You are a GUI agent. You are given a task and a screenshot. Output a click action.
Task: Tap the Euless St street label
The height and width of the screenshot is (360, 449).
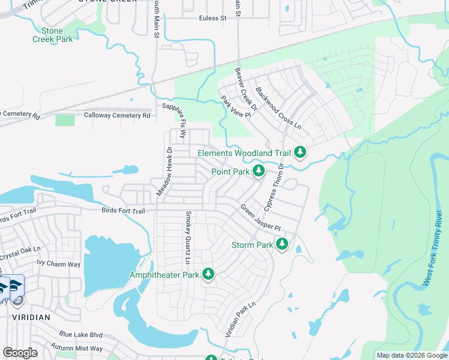[x=212, y=19]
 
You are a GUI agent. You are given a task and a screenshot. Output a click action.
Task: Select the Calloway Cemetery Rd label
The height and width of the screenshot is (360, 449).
[x=117, y=115]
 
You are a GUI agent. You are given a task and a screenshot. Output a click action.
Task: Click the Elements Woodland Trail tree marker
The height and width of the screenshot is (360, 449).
[x=300, y=153]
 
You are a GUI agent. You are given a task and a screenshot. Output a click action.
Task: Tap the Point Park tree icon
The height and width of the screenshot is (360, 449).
[x=259, y=172]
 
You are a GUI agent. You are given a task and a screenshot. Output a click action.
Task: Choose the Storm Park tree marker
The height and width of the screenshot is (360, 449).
[x=282, y=244]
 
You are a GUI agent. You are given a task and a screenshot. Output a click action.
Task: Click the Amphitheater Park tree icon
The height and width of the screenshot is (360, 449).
[x=208, y=275]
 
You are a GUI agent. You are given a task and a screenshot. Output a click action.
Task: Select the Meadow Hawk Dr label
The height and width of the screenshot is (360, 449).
[x=169, y=171]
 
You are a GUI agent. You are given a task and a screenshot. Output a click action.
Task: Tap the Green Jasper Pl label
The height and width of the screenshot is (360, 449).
[x=261, y=218]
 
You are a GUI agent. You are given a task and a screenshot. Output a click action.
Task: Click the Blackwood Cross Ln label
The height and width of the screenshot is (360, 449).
[x=277, y=107]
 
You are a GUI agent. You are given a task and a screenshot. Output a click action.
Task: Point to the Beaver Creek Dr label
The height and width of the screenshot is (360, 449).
[x=246, y=90]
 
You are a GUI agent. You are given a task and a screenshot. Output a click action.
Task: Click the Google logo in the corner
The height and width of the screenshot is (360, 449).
[x=20, y=353]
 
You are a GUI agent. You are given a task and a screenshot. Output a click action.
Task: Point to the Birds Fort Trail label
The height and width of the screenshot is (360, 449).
[x=123, y=211]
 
